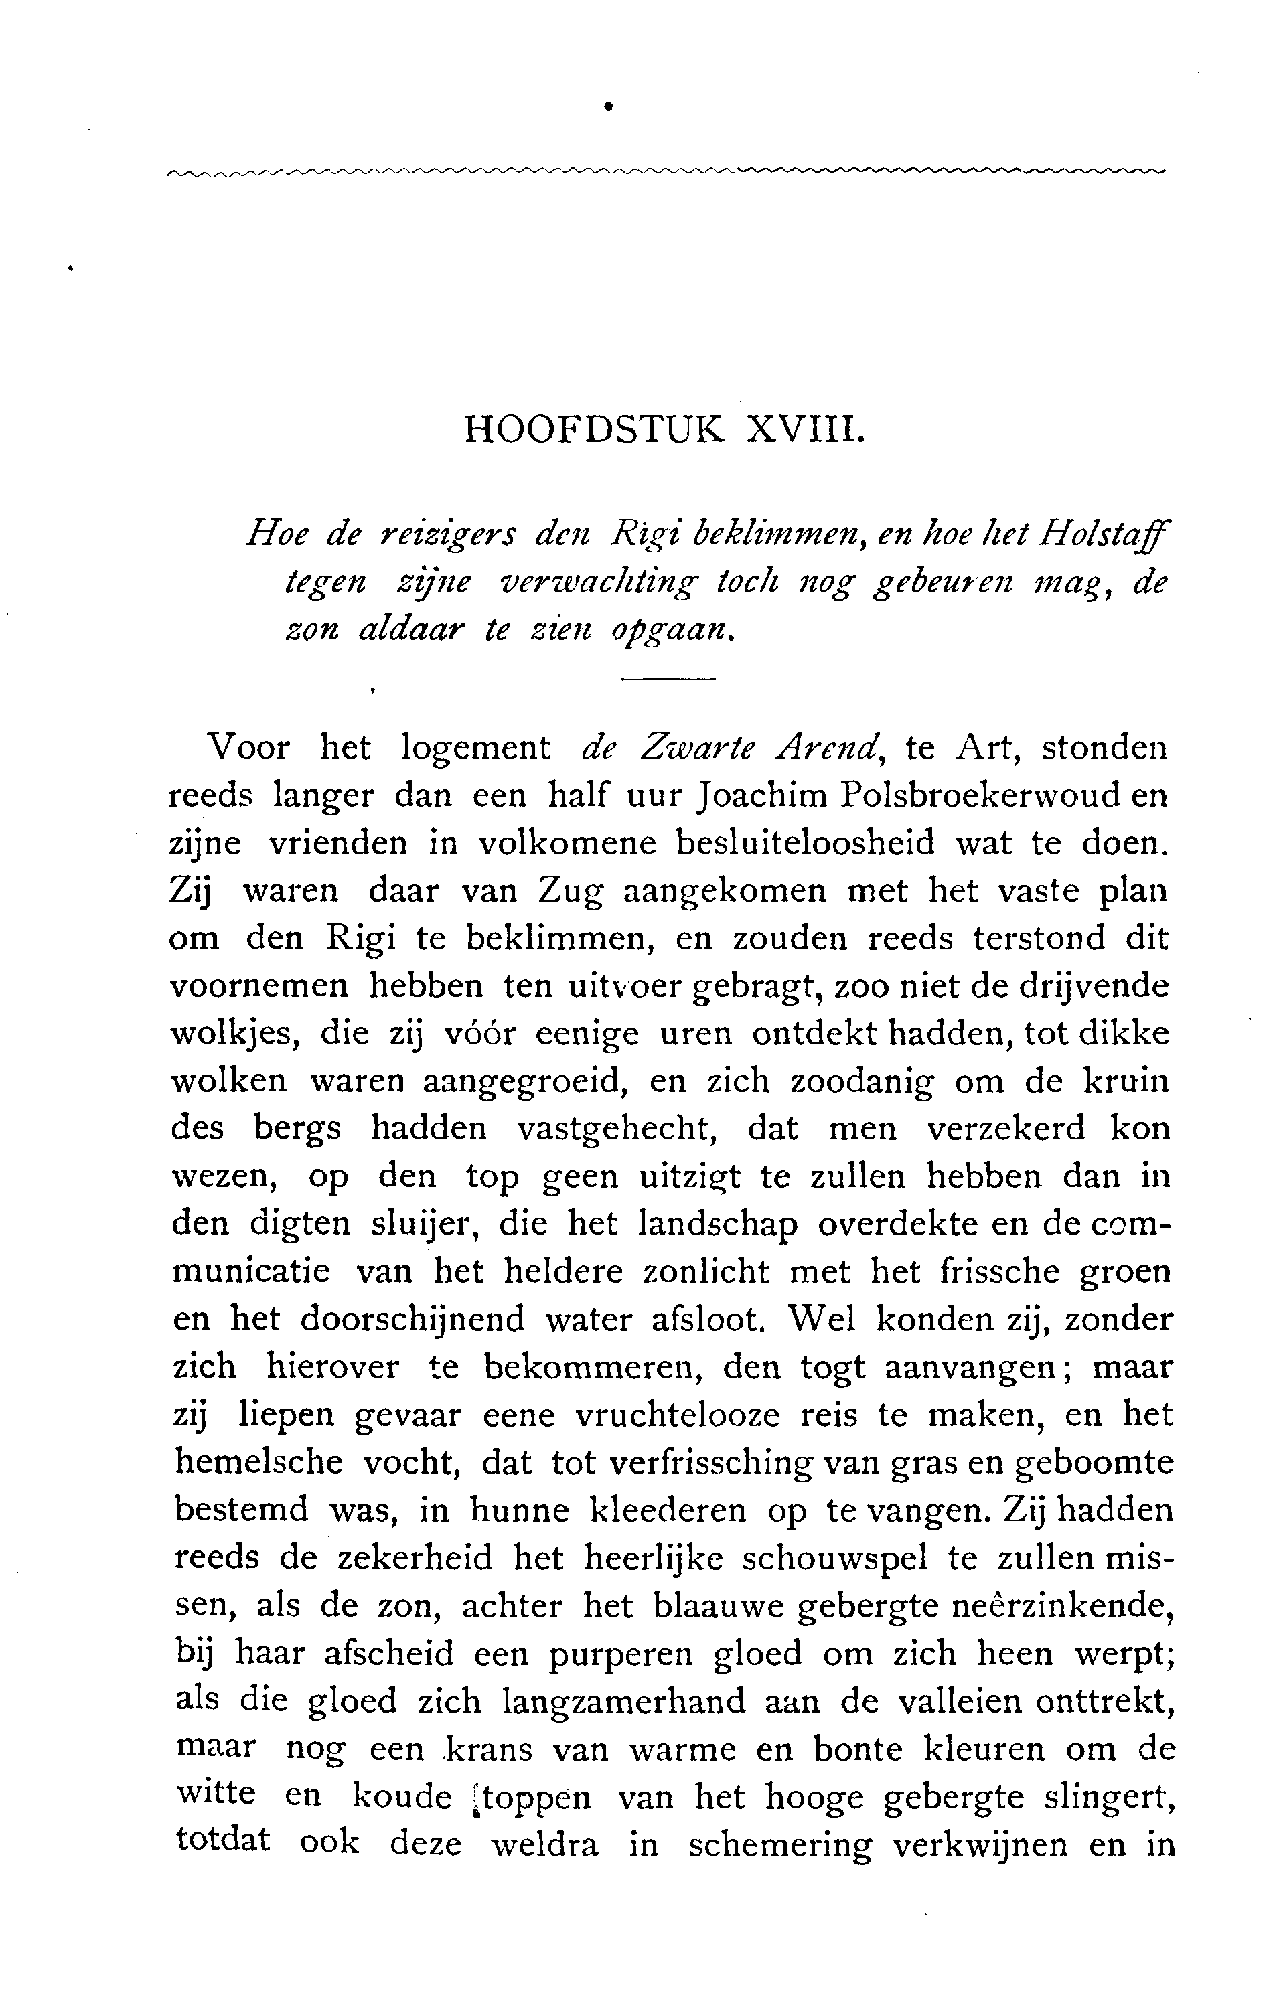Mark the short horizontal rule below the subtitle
(x=668, y=680)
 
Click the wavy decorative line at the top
(x=666, y=172)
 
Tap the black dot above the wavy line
(x=609, y=106)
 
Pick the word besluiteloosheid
(x=805, y=844)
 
